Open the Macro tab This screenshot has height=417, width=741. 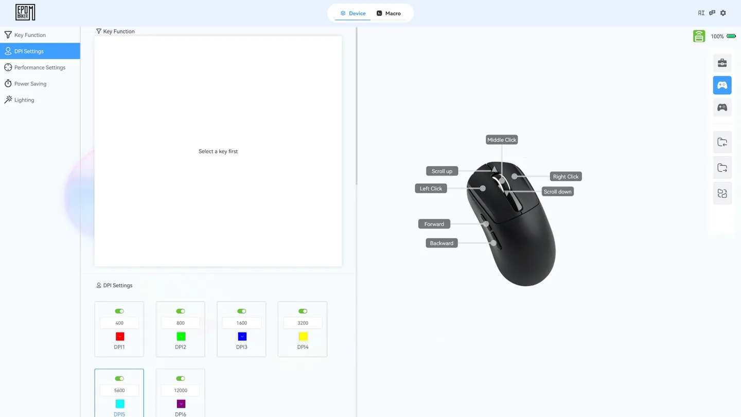pyautogui.click(x=389, y=13)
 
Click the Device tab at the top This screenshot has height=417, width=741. pyautogui.click(x=352, y=13)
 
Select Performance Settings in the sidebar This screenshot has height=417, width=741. pyautogui.click(x=40, y=67)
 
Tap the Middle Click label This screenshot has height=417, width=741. pyautogui.click(x=502, y=140)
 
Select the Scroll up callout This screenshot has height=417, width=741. pyautogui.click(x=442, y=171)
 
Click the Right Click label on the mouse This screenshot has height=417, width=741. pyautogui.click(x=566, y=177)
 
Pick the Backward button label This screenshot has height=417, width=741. pyautogui.click(x=442, y=243)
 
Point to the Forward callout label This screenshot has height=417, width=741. pyautogui.click(x=434, y=224)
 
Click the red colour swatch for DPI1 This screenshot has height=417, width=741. pyautogui.click(x=120, y=337)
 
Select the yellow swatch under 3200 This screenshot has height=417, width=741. pyautogui.click(x=303, y=337)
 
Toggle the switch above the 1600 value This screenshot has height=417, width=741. pyautogui.click(x=241, y=311)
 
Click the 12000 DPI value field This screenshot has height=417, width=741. pyautogui.click(x=181, y=391)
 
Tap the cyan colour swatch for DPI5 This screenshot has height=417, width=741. pyautogui.click(x=120, y=404)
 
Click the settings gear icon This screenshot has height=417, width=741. pyautogui.click(x=723, y=13)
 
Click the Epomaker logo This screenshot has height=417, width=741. pyautogui.click(x=25, y=12)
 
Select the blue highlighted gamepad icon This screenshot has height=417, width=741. pyautogui.click(x=722, y=85)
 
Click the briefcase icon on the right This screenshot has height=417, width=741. pyautogui.click(x=722, y=63)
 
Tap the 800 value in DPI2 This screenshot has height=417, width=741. pyautogui.click(x=180, y=323)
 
